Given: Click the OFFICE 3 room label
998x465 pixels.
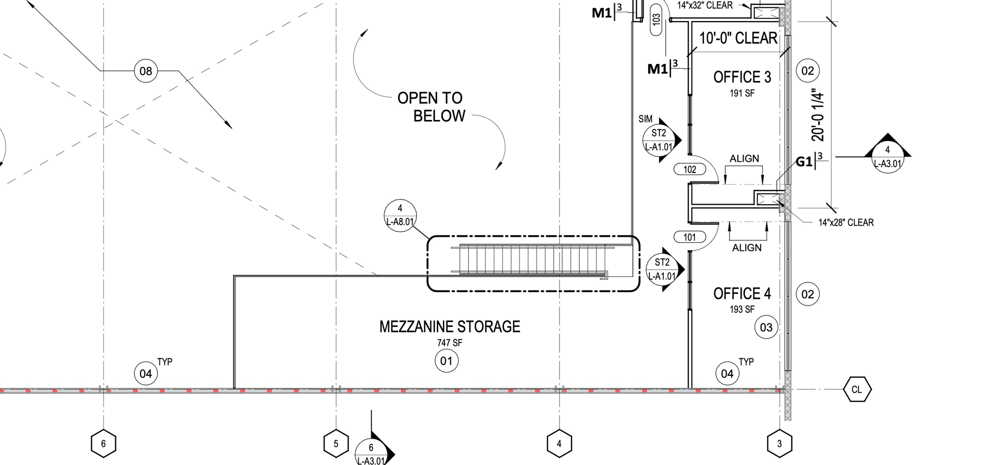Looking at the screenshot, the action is pos(742,77).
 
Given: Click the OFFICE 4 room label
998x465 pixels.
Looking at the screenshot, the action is pos(742,293).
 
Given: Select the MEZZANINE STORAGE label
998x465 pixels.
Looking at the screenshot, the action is pos(450,327).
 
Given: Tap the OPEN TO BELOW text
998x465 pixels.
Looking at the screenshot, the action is pos(432,107).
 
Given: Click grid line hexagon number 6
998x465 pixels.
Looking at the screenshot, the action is pos(103,444).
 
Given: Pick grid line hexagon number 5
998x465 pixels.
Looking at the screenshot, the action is pos(336,444).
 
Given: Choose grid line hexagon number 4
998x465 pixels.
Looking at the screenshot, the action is pos(559,444).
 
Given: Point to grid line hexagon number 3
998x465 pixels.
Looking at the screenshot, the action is pos(779,444).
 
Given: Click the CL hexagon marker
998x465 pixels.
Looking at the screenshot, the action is pos(857,389).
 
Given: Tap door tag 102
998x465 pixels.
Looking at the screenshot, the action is pos(690,170).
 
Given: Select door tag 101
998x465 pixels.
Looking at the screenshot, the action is pos(690,237).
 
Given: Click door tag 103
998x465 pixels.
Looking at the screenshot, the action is pos(656,19).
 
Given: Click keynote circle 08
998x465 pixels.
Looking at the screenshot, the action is pos(146,71).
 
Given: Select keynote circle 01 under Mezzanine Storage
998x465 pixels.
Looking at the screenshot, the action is pos(446,361).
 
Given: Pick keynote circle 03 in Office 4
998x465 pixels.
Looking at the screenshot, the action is pos(766,327).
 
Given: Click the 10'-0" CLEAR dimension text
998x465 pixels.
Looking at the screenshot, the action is pos(738,38).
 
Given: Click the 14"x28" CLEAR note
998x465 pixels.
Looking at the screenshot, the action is pos(846,223).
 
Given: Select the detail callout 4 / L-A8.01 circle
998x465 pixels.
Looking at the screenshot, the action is pos(400,215).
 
